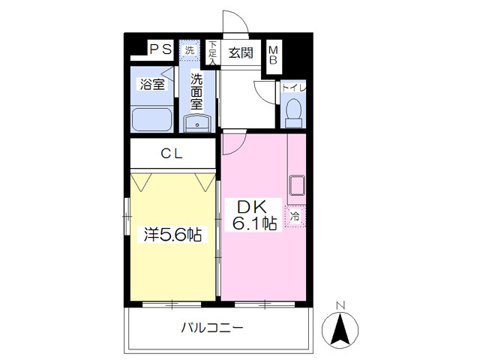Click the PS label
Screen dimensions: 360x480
click(160, 49)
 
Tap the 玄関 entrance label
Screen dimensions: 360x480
click(240, 52)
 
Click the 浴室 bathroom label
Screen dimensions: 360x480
click(152, 84)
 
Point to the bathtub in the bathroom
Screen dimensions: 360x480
click(152, 119)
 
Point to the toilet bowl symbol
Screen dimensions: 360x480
click(293, 113)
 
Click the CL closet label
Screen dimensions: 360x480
click(173, 154)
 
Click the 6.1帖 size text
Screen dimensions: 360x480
click(253, 223)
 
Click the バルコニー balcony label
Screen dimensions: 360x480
click(212, 328)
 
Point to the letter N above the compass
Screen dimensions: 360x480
click(340, 305)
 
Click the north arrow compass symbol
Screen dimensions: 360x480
click(340, 328)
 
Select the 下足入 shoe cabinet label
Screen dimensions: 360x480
click(213, 52)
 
